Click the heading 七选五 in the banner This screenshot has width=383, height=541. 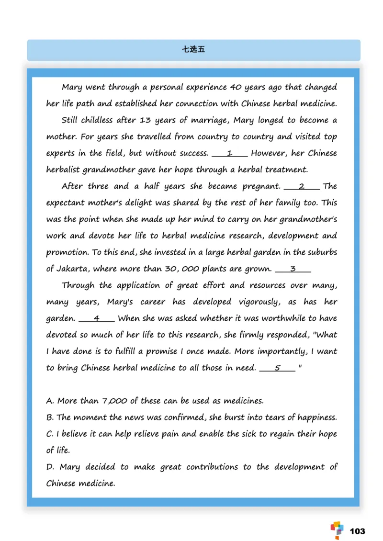(193, 49)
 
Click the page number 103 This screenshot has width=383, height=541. (357, 531)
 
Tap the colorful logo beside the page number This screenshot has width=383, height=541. (337, 530)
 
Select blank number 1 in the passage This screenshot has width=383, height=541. (230, 153)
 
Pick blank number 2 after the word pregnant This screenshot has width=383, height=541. (302, 186)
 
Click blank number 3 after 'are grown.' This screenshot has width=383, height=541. (293, 269)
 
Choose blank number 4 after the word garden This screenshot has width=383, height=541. (96, 318)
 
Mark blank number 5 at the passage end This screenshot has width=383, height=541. (277, 368)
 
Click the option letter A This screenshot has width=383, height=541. (49, 401)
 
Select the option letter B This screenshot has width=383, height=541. (49, 417)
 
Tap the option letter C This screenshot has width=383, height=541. (49, 434)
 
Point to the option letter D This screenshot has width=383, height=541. (49, 467)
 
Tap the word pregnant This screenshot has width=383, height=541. (261, 187)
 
